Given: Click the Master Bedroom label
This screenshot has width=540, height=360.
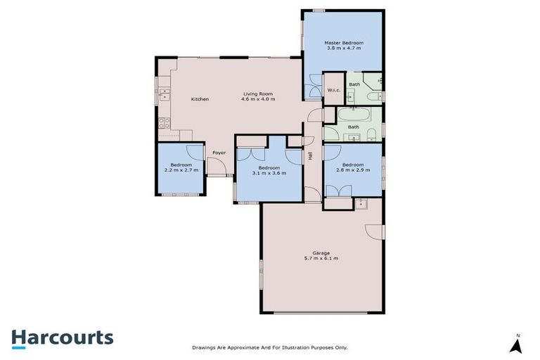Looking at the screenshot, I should coord(343,43).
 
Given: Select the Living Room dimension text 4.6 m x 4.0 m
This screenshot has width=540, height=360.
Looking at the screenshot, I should coord(257,99).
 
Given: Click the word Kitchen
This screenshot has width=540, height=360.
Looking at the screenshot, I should coord(200,99).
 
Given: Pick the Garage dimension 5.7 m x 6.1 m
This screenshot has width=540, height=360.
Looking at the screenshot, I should coord(321,258).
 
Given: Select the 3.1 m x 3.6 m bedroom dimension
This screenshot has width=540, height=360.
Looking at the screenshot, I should coord(269,174).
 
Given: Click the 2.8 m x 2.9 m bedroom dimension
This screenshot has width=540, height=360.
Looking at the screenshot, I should coord(353,170).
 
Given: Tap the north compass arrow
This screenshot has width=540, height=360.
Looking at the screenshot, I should coord(517,345).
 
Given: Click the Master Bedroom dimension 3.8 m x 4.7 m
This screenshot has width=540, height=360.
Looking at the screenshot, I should coord(343,49).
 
